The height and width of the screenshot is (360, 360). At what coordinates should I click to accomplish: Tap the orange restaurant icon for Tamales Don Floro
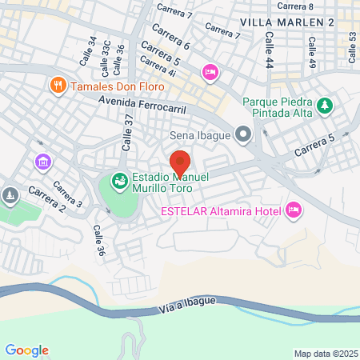click(58, 84)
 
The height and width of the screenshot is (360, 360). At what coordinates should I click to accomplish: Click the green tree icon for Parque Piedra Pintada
click(325, 105)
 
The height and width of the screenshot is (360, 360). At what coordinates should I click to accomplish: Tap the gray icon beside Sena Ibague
click(241, 134)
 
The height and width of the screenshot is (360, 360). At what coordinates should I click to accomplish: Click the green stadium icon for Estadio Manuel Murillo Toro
click(119, 182)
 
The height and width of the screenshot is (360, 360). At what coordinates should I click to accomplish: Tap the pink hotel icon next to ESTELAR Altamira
click(294, 210)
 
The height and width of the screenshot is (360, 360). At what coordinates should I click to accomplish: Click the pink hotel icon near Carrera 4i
click(210, 73)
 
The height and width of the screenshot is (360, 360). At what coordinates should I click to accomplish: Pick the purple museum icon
click(42, 162)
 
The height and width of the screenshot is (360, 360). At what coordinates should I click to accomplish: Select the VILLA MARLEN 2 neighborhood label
click(287, 22)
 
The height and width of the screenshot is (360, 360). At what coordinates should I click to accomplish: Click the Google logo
click(26, 350)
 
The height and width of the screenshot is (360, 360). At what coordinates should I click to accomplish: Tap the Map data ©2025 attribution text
click(324, 354)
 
